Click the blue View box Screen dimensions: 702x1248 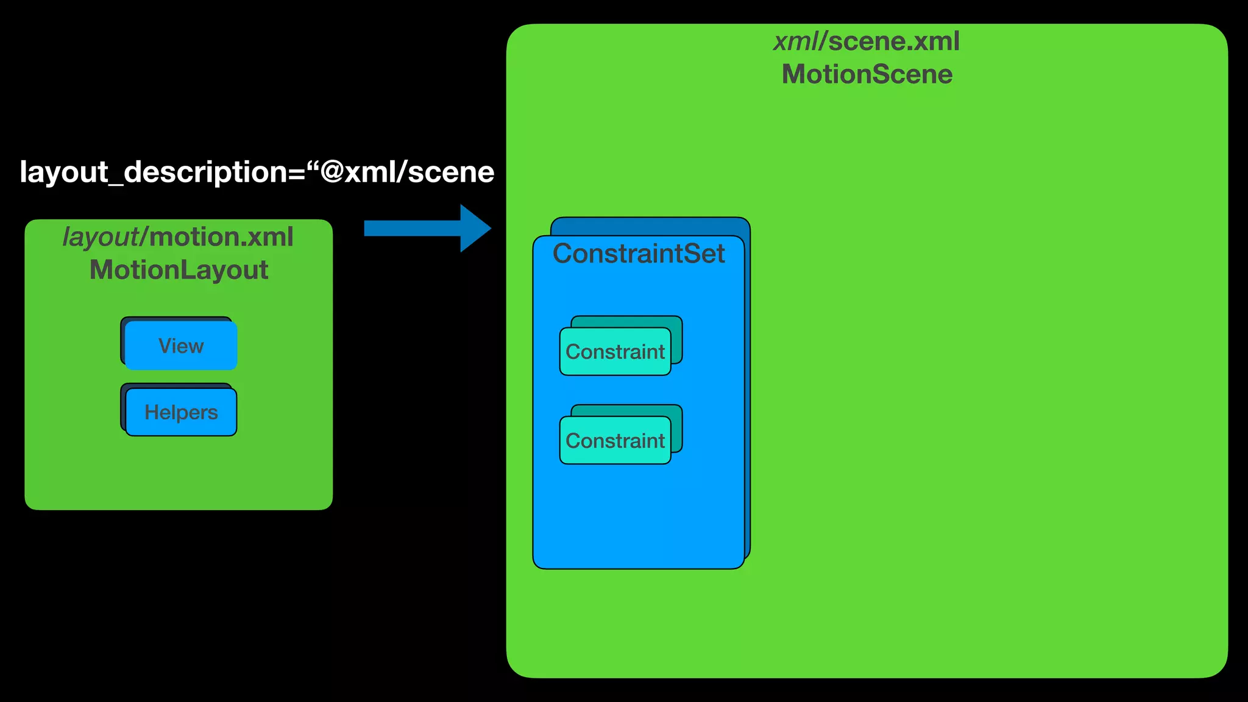pyautogui.click(x=181, y=346)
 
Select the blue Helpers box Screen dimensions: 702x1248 pyautogui.click(x=181, y=412)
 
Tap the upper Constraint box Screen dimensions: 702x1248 pyautogui.click(x=615, y=352)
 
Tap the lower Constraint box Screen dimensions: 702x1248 pyautogui.click(x=615, y=441)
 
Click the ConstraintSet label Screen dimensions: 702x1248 pyautogui.click(x=638, y=253)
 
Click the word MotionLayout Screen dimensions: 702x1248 pyautogui.click(x=179, y=270)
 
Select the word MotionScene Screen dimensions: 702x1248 pyautogui.click(x=867, y=74)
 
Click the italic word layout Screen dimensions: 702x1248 pyautogui.click(x=101, y=237)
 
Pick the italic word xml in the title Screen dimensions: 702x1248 pyautogui.click(x=796, y=41)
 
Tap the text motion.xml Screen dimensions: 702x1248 pyautogui.click(x=221, y=237)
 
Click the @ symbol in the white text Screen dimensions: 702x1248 pyautogui.click(x=333, y=172)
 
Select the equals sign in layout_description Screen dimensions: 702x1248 pyautogui.click(x=296, y=173)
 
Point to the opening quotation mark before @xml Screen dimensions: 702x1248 pyautogui.click(x=313, y=165)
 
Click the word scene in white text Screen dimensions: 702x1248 pyautogui.click(x=451, y=172)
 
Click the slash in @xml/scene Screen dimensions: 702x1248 pyautogui.click(x=400, y=172)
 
